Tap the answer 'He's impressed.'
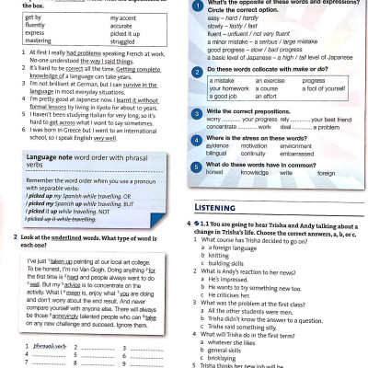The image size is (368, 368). pyautogui.click(x=237, y=278)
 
